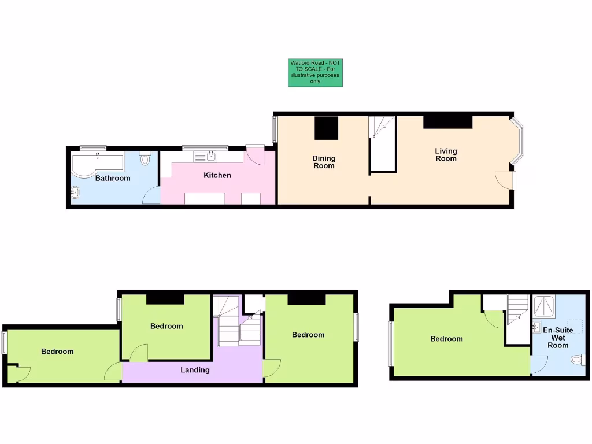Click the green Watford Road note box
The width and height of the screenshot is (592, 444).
coord(315,73)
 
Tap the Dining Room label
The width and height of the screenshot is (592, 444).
coord(324,162)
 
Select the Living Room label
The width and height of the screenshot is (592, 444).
coord(446,155)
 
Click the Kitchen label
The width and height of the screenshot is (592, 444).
coord(217,175)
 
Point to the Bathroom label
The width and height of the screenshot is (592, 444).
coord(113,178)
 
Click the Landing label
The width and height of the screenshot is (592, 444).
coord(195,370)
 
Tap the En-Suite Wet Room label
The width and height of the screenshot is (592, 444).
coord(558,338)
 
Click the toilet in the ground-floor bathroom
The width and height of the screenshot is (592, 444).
coord(145,158)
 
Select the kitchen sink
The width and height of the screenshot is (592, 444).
coord(211,156)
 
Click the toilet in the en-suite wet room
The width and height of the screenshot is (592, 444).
coord(577,360)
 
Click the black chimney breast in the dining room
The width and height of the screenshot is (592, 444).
coord(326,128)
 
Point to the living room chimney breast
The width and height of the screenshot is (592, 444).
coord(447,121)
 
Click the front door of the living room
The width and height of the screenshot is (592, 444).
coord(505,180)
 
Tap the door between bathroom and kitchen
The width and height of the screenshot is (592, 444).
coord(151,196)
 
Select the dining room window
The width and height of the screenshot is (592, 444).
coord(275,129)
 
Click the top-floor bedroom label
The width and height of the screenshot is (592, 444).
coord(446,339)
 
